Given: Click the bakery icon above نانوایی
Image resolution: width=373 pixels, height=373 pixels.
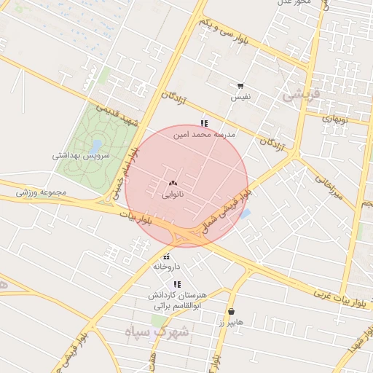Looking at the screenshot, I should coord(173,184).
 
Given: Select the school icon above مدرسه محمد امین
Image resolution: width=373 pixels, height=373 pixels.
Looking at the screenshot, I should coord(204,124).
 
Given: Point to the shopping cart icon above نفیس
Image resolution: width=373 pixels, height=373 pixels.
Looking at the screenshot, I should coord(241,86).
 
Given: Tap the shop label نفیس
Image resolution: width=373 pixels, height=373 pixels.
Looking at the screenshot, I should coord(240,97).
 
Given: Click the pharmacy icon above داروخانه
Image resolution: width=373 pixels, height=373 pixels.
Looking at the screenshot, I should coord(167,256).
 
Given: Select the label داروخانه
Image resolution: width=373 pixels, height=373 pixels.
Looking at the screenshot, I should coord(166,267).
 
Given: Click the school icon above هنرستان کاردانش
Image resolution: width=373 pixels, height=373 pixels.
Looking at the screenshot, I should coord(177,283).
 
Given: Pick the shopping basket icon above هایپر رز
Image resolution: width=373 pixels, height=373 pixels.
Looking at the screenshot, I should coord(231,310).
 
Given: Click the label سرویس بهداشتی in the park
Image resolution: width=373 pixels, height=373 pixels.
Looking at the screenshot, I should coord(85,156).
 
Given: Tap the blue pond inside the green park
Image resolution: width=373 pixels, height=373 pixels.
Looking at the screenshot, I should coord(95,145).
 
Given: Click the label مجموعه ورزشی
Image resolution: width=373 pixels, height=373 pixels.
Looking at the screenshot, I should coord(42,192).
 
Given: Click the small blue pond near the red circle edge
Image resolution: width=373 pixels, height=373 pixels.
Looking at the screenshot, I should coord(246,214).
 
